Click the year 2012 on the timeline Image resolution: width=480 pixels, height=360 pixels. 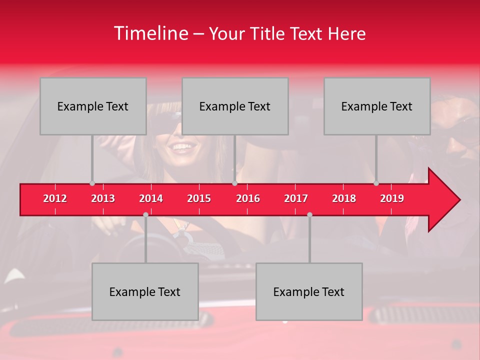tap(55, 198)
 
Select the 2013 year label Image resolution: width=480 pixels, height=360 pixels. tap(103, 198)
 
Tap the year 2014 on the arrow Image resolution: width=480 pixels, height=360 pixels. tap(151, 198)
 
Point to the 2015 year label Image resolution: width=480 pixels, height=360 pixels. tap(199, 198)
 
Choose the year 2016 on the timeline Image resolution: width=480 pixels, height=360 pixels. tap(248, 198)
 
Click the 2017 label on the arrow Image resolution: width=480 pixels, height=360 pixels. tap(296, 198)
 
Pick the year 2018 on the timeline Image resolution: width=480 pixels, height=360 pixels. tap(344, 198)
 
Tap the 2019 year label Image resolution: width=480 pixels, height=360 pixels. tap(392, 198)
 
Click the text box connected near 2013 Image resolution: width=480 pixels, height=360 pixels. tap(93, 106)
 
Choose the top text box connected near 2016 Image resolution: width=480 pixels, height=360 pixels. tap(235, 106)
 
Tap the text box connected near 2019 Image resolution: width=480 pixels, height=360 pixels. tap(377, 106)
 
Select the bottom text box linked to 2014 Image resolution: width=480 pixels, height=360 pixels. tap(145, 291)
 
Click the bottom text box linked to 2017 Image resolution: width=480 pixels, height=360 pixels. tap(309, 291)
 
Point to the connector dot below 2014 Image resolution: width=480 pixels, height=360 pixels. tap(145, 214)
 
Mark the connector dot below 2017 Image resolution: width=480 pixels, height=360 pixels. tap(309, 214)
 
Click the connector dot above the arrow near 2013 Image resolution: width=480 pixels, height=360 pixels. tap(92, 183)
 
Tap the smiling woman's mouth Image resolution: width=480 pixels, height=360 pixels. tap(182, 147)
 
